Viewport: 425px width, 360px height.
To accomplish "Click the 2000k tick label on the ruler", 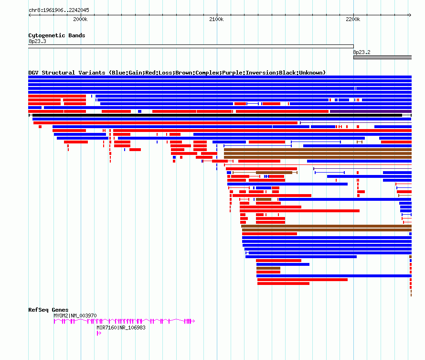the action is click(80, 19).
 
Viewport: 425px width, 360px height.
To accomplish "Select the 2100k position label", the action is click(216, 19).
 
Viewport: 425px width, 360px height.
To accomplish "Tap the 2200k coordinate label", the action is click(353, 19).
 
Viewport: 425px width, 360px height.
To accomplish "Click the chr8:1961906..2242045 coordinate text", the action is click(59, 10).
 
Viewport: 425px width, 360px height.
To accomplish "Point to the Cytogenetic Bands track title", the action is click(57, 35).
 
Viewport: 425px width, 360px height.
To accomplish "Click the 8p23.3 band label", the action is click(37, 41).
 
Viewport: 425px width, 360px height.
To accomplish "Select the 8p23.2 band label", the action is click(361, 52).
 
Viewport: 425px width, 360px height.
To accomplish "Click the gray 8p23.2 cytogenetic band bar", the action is click(382, 57).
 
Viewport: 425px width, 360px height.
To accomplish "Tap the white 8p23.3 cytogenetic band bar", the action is click(191, 46).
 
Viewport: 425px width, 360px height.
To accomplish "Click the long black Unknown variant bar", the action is click(217, 115).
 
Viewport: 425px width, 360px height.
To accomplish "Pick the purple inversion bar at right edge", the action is click(371, 111).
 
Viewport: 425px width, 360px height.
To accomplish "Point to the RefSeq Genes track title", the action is click(48, 310).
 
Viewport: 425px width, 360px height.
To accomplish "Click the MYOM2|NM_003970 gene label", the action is click(75, 316).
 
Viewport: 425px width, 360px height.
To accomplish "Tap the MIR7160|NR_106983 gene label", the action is click(121, 327).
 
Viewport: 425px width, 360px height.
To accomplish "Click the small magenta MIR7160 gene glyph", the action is click(99, 333).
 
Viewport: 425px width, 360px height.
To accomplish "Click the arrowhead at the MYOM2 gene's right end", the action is click(193, 321).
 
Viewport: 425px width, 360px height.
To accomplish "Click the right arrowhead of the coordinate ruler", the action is click(410, 15).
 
